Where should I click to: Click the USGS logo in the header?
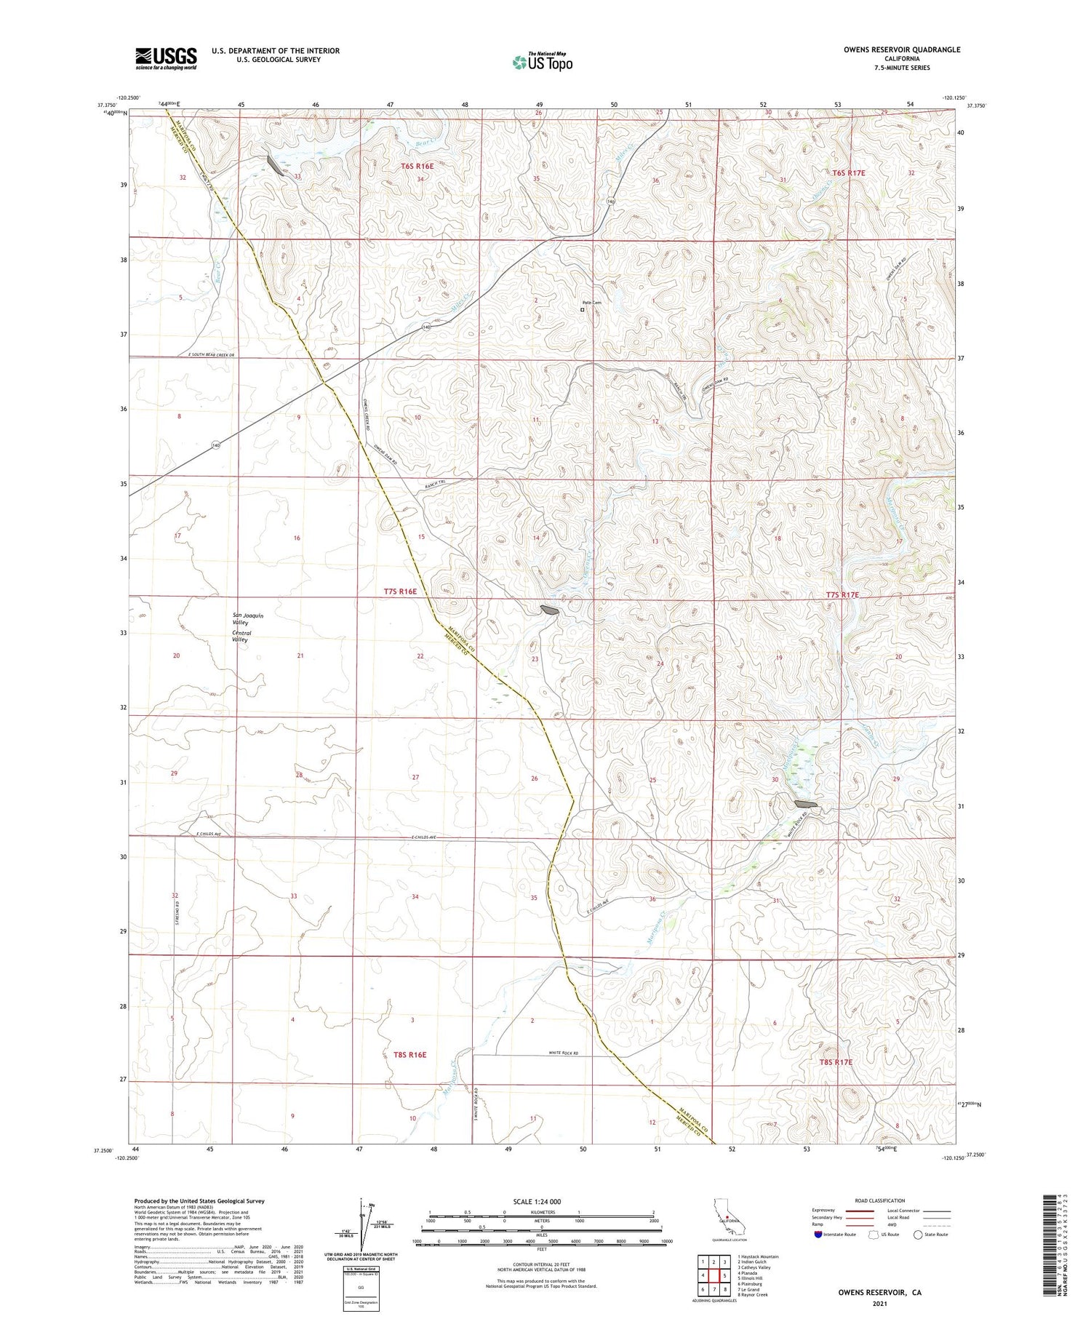[166, 58]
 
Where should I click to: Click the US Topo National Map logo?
[543, 62]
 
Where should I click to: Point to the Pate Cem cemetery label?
[591, 303]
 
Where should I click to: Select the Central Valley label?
[240, 637]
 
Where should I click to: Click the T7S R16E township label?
[400, 591]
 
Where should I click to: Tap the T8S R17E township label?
[836, 1062]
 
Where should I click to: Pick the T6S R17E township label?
[849, 173]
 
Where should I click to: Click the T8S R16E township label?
[404, 1054]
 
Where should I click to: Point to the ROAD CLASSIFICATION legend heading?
[880, 1200]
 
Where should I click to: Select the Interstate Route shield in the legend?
[818, 1235]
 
